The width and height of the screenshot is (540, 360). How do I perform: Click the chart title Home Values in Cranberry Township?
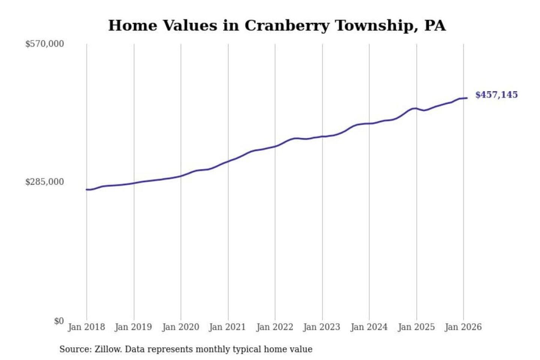277,25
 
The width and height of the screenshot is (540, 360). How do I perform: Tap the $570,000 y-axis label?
45,44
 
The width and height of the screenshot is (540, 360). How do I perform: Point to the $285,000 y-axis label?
45,182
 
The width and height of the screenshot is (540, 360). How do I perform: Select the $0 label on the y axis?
59,321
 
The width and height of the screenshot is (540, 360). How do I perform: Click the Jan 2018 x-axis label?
86,327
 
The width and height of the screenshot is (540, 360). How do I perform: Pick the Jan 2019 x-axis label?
133,327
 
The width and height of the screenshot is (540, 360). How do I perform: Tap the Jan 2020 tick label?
180,327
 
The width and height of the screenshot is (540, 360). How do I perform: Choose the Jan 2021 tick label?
227,327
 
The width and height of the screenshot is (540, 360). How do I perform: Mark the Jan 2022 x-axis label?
274,327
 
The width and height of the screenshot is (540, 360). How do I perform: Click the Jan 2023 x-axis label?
321,327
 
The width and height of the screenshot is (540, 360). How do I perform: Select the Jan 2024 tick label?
369,327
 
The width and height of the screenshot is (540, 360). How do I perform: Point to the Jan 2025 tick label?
416,327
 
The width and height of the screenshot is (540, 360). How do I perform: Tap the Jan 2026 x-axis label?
463,327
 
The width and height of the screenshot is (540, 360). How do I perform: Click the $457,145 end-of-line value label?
496,95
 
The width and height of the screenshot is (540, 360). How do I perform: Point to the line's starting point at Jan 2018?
87,189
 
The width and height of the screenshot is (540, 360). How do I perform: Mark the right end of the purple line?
467,98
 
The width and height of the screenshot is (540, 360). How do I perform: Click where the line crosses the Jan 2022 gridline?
275,146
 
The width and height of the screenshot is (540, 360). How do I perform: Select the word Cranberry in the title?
287,25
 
